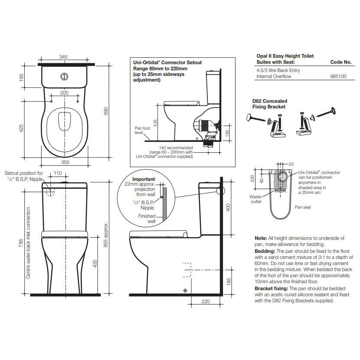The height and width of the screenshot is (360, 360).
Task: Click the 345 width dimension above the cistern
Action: tap(64, 57)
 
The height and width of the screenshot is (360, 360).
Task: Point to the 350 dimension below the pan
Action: tap(65, 162)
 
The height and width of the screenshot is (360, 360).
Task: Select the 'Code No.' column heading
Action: tap(340, 62)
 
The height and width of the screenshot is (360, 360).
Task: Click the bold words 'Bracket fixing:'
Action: tap(272, 288)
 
